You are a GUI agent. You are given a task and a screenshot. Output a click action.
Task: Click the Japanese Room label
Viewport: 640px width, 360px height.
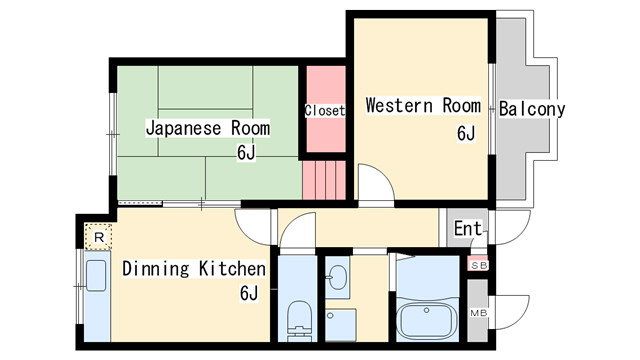(208, 128)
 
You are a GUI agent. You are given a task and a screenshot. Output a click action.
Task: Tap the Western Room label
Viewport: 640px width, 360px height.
(423, 105)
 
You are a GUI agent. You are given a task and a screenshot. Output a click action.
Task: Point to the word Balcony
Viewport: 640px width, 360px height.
(532, 109)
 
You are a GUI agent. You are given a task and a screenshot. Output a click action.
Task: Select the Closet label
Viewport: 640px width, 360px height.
(325, 110)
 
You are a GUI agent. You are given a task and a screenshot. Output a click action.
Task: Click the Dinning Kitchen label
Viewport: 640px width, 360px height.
(194, 269)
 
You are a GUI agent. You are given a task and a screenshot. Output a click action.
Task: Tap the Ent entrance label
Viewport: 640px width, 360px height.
(468, 229)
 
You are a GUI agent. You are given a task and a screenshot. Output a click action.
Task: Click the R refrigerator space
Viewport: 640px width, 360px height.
(98, 237)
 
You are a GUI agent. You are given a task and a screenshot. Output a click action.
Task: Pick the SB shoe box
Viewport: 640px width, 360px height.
(478, 265)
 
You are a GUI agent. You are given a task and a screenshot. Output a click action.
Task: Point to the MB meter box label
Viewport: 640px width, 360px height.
(478, 313)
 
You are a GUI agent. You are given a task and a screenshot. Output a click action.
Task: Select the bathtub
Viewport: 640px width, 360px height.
(426, 320)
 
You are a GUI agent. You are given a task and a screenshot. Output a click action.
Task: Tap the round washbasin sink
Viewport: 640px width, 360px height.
(338, 278)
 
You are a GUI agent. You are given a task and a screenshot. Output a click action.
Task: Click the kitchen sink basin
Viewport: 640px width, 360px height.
(96, 276)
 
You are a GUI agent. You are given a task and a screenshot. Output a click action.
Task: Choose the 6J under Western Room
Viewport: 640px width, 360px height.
(466, 133)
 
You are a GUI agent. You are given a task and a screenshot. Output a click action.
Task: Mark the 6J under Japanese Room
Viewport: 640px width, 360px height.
(246, 153)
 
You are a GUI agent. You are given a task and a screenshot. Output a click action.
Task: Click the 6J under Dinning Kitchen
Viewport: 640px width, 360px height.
(249, 293)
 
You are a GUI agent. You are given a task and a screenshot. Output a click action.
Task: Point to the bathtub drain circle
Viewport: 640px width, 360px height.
(426, 311)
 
